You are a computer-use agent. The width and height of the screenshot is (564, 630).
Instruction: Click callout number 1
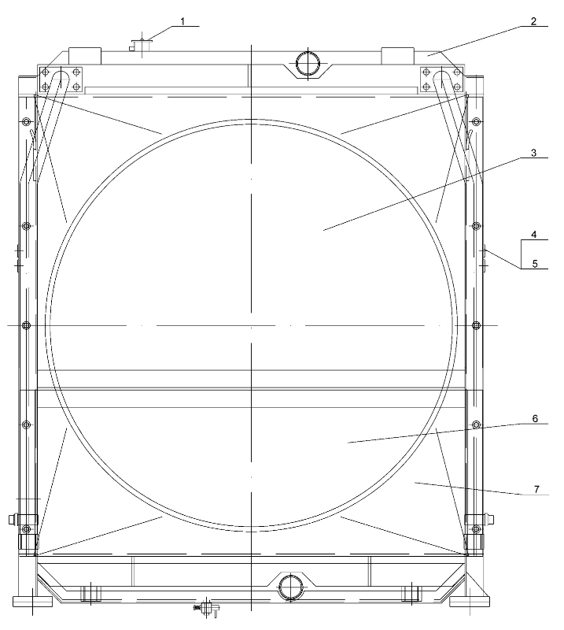[x=182, y=21]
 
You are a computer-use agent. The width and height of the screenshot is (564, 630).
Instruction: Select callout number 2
[x=533, y=21]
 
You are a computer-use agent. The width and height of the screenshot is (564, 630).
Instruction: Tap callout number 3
[x=533, y=153]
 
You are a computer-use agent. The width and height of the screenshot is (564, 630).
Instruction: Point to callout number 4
[x=534, y=235]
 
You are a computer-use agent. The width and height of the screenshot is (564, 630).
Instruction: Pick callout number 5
[x=535, y=264]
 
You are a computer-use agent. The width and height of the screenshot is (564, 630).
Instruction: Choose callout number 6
[x=535, y=419]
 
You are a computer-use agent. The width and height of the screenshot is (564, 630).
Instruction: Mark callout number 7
[x=536, y=489]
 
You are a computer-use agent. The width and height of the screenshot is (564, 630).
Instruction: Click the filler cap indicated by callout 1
[x=140, y=45]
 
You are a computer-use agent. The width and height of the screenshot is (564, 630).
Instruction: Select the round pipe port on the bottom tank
[x=290, y=587]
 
